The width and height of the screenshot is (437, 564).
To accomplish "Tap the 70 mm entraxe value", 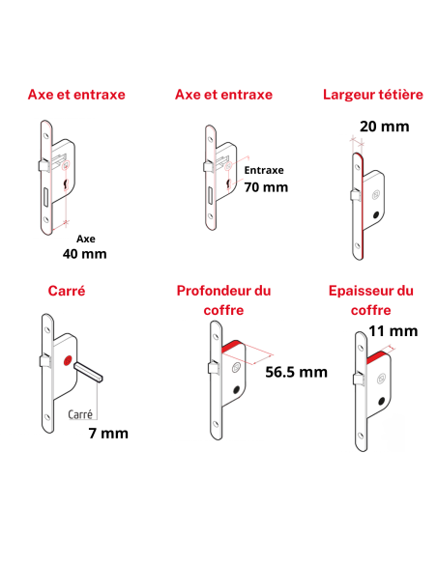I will click(266, 187).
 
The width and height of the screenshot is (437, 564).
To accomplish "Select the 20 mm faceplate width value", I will click(357, 127).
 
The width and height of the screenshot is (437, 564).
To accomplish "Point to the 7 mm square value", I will click(107, 433).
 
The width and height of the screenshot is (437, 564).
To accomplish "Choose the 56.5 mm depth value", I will click(296, 372).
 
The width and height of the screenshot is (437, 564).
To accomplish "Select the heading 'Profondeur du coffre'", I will click(223, 299).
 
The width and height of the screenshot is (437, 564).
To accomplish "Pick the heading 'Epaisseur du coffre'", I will click(370, 299).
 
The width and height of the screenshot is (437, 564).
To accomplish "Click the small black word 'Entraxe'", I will click(263, 169).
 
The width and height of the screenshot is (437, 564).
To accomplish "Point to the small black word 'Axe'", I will click(85, 237).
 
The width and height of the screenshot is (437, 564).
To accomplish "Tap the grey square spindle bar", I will click(89, 371).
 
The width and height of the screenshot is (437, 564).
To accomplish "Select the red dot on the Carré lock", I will click(66, 361).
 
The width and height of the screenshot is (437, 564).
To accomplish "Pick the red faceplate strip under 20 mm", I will click(355, 203).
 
